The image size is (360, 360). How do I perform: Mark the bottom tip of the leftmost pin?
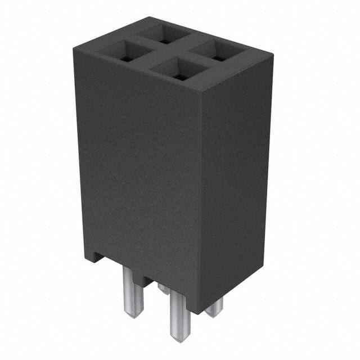136,315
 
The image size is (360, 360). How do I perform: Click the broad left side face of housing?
138,169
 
